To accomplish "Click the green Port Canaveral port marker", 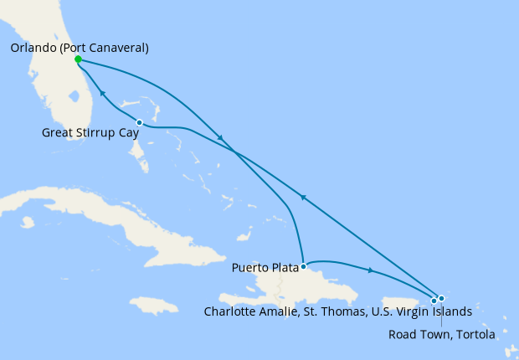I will pos(78,59).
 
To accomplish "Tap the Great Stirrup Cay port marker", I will pos(139,123).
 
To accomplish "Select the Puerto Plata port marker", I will pos(303,266).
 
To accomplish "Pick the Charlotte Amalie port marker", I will pos(434,301).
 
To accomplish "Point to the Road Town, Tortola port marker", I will pos(441,298).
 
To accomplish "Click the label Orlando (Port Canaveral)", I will pos(80,48).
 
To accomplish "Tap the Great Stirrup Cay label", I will pos(90,132).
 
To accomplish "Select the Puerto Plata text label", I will pos(265,269).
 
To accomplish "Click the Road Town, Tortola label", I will pos(442,334).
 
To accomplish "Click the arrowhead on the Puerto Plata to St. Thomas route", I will pos(370,270).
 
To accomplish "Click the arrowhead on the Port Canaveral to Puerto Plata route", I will pos(219,137).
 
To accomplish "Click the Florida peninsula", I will pos(59,92).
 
